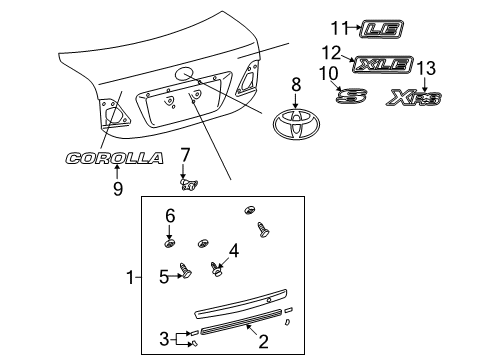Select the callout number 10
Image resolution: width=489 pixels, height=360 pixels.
(x=326, y=74)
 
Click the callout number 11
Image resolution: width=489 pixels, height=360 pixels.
(x=339, y=26)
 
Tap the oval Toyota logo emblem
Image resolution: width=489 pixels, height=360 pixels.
(x=295, y=127)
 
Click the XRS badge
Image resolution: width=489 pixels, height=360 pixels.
(x=418, y=97)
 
